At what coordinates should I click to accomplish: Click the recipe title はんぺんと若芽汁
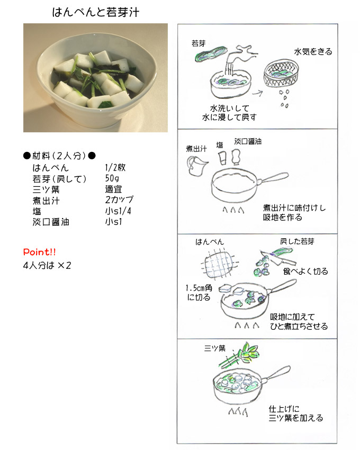(96, 12)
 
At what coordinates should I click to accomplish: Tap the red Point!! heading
(39, 252)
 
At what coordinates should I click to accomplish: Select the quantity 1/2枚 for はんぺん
(115, 168)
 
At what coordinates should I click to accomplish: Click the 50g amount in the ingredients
(112, 178)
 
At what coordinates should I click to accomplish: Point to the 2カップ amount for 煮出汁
(119, 200)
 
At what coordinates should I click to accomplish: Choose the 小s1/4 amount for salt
(118, 211)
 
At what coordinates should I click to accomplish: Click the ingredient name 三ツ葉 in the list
(46, 190)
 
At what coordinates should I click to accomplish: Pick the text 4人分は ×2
(47, 265)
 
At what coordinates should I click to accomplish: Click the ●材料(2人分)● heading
(59, 156)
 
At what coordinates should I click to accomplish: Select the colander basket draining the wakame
(281, 73)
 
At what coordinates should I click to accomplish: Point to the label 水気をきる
(313, 52)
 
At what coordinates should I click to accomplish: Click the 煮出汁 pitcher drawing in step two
(197, 166)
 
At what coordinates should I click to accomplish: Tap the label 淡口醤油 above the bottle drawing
(248, 141)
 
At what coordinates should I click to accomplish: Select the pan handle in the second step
(273, 177)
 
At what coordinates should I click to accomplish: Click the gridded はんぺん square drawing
(219, 264)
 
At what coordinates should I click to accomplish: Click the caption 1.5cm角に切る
(199, 292)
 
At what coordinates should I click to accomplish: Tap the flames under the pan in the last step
(238, 412)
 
